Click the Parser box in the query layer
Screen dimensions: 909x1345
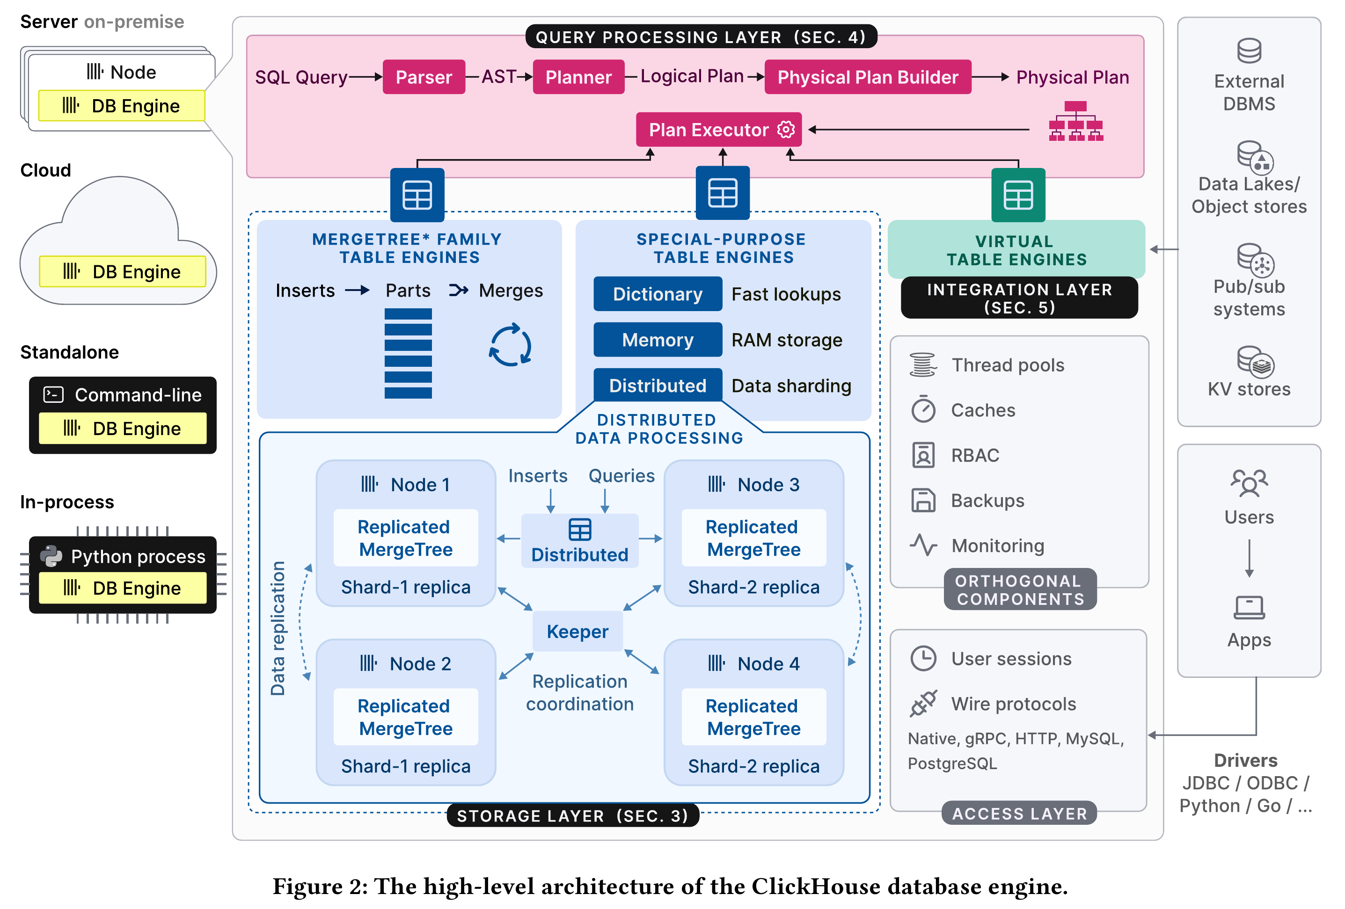tap(424, 77)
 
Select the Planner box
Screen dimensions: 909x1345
tap(578, 77)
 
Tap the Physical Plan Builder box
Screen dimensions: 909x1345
tap(867, 77)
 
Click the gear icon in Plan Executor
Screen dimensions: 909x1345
tap(785, 130)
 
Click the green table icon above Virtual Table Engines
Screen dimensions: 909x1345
tap(1018, 195)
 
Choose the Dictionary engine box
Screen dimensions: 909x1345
tap(658, 294)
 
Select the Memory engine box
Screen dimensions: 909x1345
tap(658, 340)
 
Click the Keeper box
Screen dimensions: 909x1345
tap(577, 631)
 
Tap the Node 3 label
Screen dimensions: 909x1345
tap(768, 484)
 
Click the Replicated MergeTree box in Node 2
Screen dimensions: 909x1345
tap(406, 717)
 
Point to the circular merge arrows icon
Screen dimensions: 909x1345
tap(510, 345)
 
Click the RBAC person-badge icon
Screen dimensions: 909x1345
tap(923, 455)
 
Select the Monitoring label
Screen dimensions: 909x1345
tap(998, 545)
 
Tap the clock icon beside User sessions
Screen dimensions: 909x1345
tap(923, 658)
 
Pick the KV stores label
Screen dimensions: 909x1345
tap(1249, 389)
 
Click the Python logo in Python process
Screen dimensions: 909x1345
tap(51, 556)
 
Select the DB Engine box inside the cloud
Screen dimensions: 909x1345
tap(123, 271)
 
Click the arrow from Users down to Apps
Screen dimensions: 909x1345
tap(1249, 559)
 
